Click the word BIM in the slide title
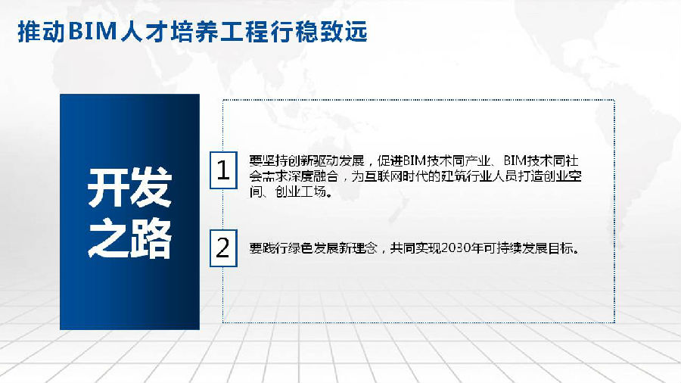(x=93, y=32)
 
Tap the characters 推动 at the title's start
(x=42, y=32)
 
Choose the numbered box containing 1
(x=223, y=170)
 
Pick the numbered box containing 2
(x=223, y=248)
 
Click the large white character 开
(x=107, y=188)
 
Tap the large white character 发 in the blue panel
(x=151, y=188)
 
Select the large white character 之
(x=107, y=239)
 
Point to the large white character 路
(x=151, y=239)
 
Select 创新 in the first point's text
(x=300, y=161)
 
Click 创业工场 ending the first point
(x=300, y=191)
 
